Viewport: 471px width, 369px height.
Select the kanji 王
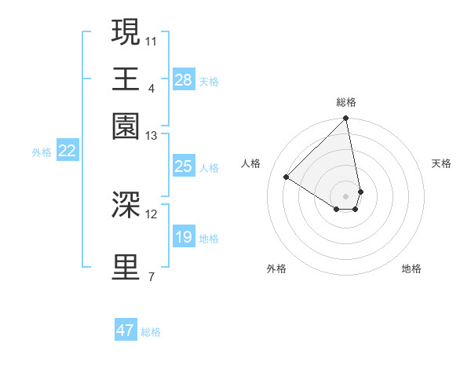pyautogui.click(x=126, y=79)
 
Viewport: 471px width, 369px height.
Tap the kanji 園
pyautogui.click(x=126, y=126)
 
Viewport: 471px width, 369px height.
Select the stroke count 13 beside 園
pyautogui.click(x=152, y=136)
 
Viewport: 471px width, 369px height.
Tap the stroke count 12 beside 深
pyautogui.click(x=152, y=214)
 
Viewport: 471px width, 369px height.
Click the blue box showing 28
pyautogui.click(x=184, y=79)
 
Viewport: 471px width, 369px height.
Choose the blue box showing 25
pyautogui.click(x=184, y=166)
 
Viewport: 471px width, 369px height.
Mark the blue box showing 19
pyautogui.click(x=184, y=237)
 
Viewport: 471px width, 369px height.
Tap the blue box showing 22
pyautogui.click(x=67, y=151)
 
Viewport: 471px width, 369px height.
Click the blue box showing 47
pyautogui.click(x=126, y=331)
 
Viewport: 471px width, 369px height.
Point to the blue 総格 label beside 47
pyautogui.click(x=151, y=332)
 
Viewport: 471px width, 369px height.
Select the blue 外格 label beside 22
pyautogui.click(x=42, y=152)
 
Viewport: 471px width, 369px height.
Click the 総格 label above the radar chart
pyautogui.click(x=346, y=102)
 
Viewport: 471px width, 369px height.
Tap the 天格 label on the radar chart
pyautogui.click(x=441, y=163)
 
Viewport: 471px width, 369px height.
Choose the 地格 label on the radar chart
pyautogui.click(x=411, y=269)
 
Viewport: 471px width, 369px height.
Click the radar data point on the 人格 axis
pyautogui.click(x=287, y=177)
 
